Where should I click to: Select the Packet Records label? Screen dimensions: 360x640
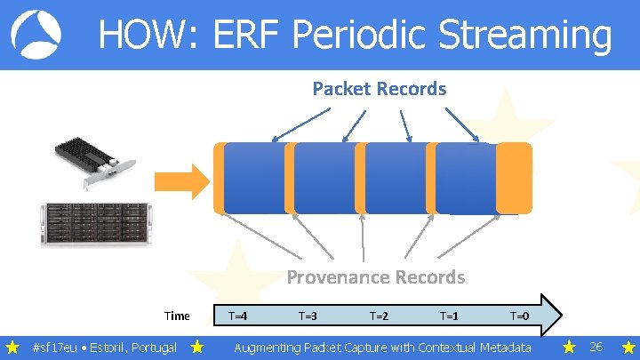[379, 89]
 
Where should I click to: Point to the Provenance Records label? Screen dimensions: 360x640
[375, 277]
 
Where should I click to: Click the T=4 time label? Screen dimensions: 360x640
[238, 316]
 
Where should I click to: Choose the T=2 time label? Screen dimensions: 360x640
[379, 316]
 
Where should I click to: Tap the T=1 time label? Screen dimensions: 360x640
[449, 316]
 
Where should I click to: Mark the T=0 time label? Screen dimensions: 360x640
[519, 316]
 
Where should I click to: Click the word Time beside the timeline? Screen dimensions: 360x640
[177, 316]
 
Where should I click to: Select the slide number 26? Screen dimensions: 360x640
[596, 347]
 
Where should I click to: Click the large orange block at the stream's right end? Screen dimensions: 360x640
[514, 178]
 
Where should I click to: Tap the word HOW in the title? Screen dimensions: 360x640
[142, 36]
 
